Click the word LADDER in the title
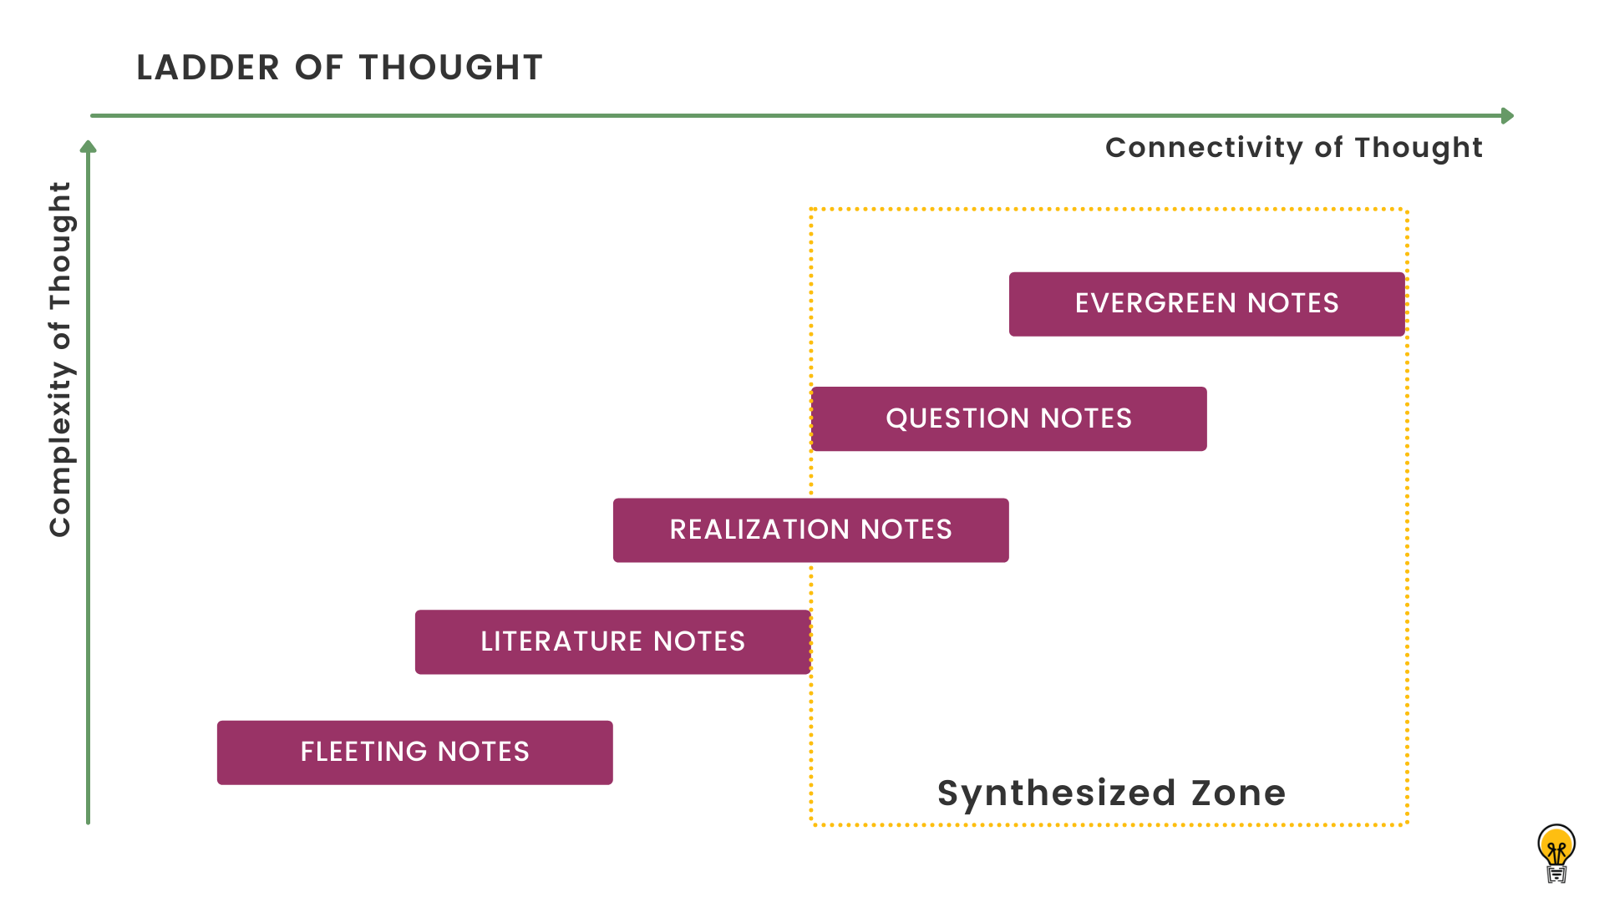[208, 68]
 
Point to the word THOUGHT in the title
[451, 68]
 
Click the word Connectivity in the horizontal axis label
[1204, 148]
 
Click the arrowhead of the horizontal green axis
[1507, 115]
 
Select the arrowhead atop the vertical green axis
[88, 148]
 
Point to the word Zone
[1238, 793]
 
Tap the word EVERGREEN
[1155, 303]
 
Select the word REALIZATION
[759, 530]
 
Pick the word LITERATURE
[561, 641]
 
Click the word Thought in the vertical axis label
[60, 246]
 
